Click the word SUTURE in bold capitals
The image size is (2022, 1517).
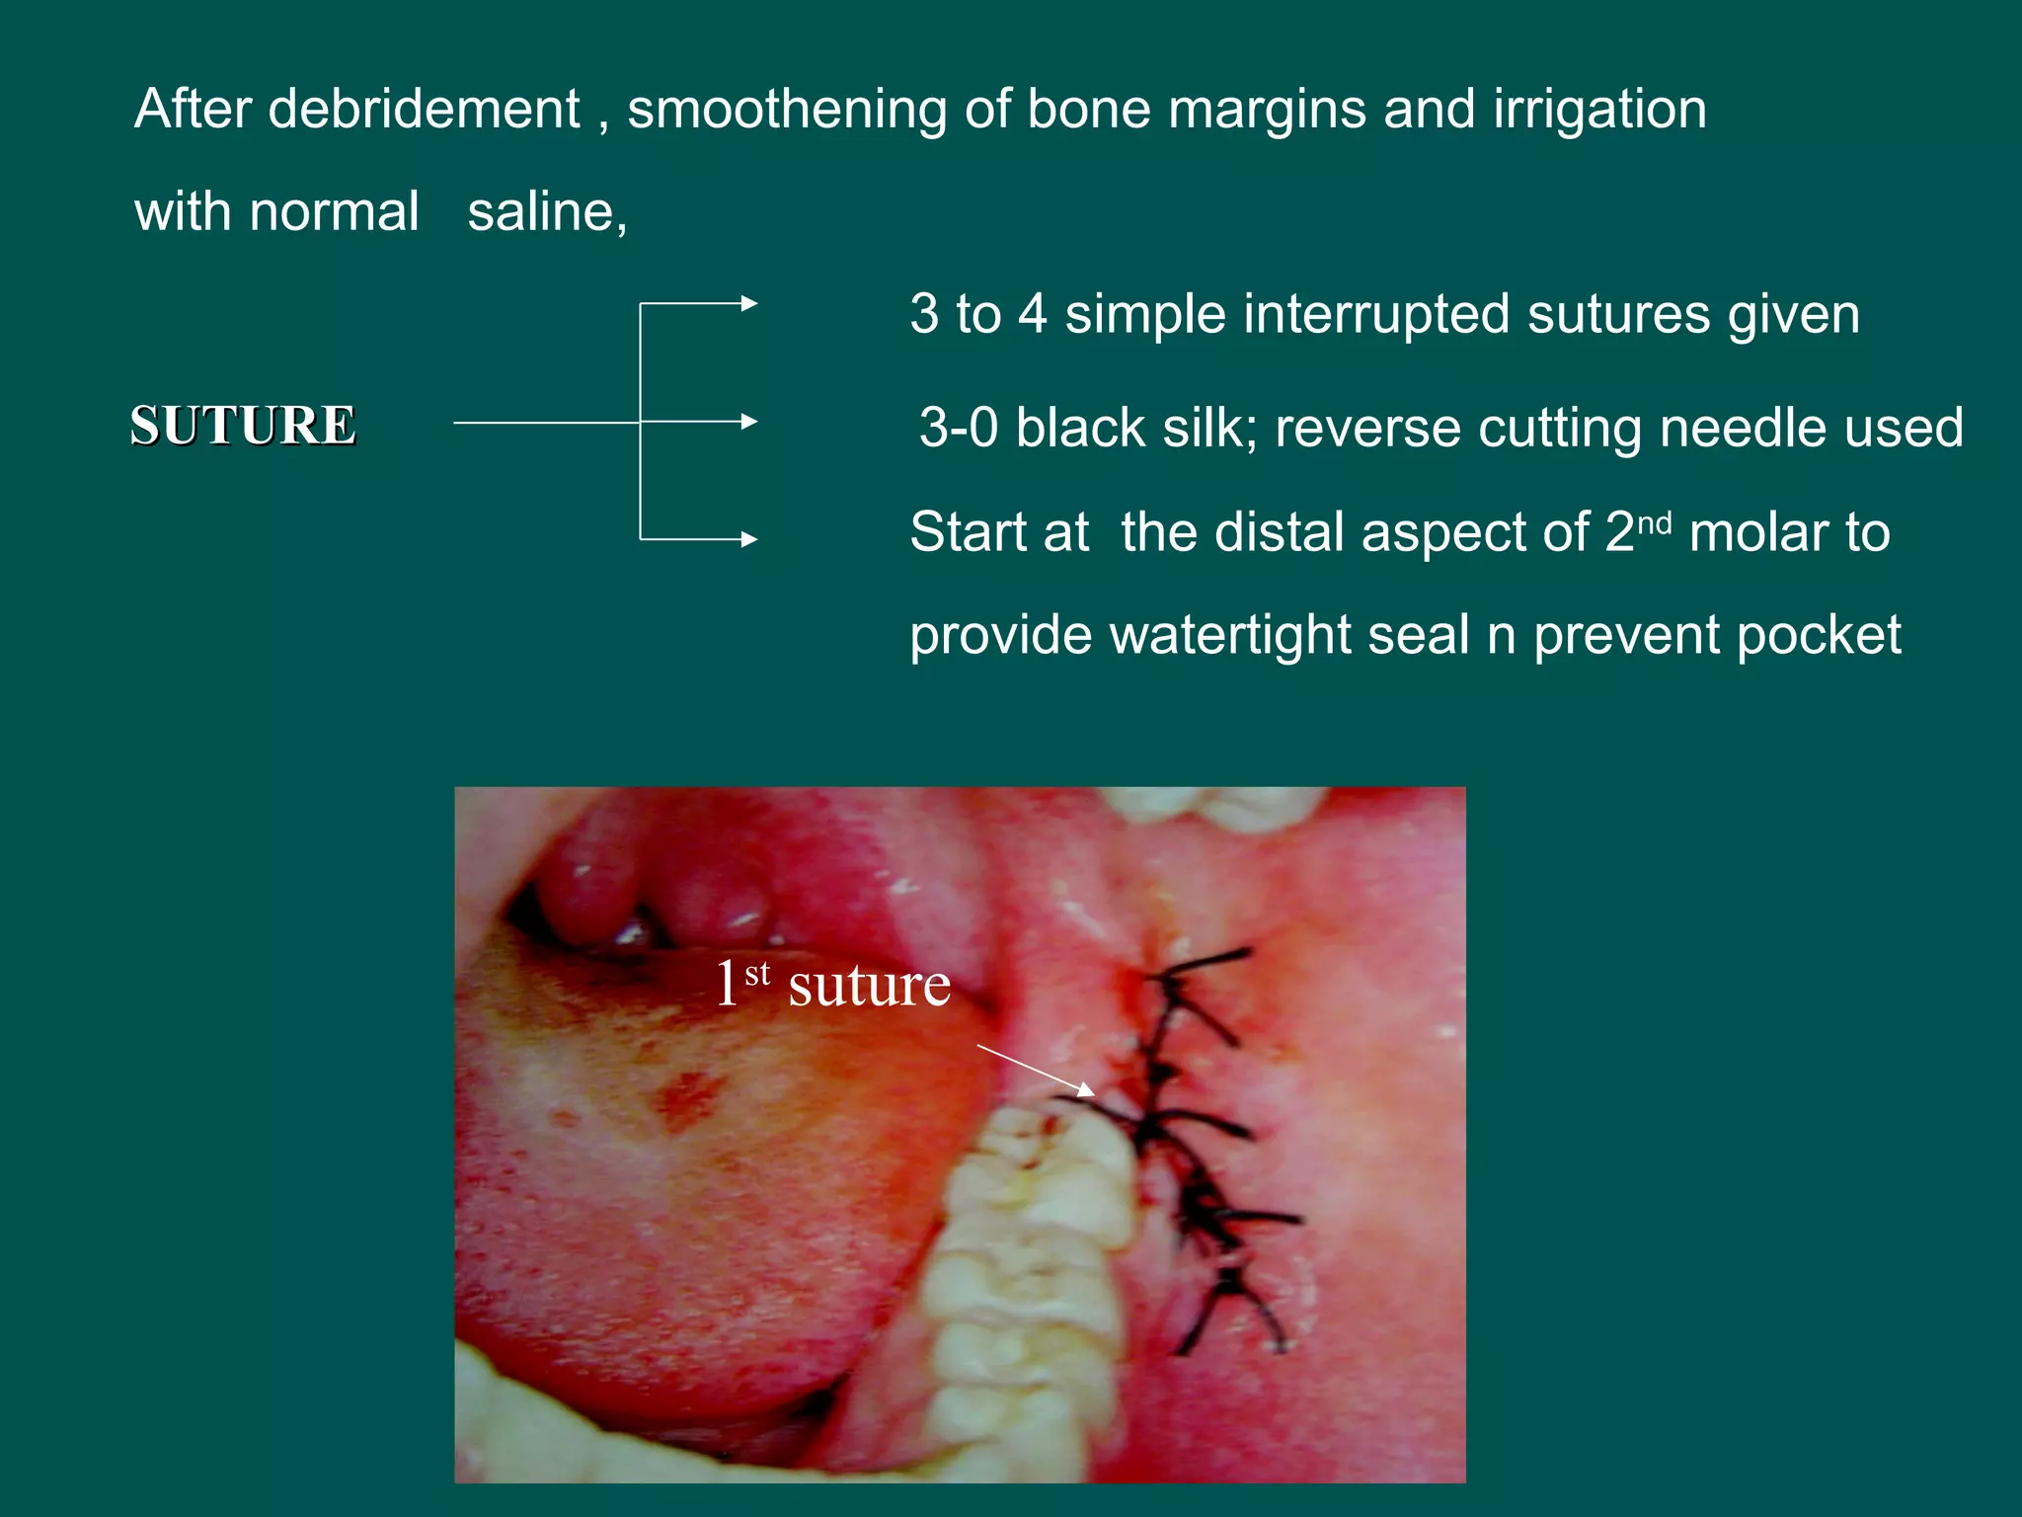click(x=243, y=426)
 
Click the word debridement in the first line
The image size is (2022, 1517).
click(x=424, y=109)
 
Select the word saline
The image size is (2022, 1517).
click(x=546, y=211)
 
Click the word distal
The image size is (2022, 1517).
click(x=1273, y=532)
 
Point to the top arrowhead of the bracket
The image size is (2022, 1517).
click(x=749, y=303)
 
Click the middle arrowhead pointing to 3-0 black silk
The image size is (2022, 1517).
click(x=749, y=422)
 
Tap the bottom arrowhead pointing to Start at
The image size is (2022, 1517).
click(x=749, y=539)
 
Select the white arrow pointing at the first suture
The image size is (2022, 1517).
click(x=1037, y=1070)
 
